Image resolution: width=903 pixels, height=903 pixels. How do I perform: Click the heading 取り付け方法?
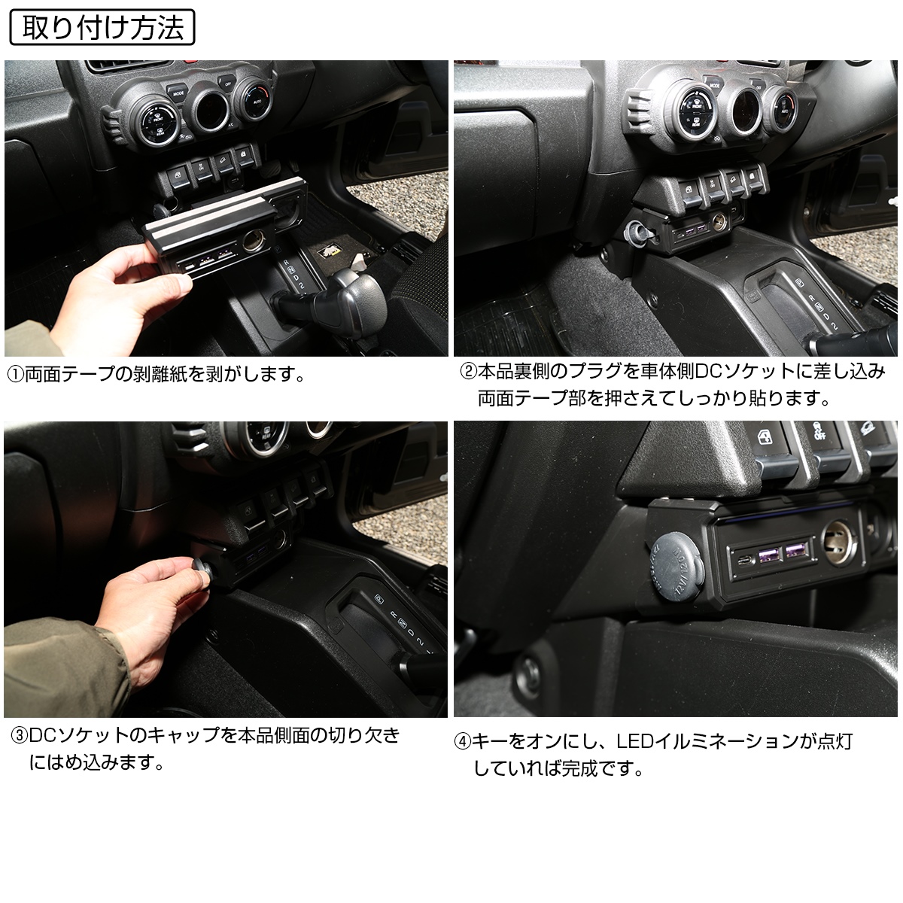102,27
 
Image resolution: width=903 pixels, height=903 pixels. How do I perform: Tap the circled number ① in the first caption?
16,375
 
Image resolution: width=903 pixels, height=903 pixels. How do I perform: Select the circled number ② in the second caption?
468,372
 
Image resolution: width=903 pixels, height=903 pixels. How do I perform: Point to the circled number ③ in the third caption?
20,736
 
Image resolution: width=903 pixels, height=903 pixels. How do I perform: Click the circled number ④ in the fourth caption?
463,742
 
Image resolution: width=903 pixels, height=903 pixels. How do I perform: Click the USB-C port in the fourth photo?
742,561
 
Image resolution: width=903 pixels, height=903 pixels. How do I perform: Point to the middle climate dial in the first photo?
211,108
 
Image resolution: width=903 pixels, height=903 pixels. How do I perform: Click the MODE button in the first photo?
178,93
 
